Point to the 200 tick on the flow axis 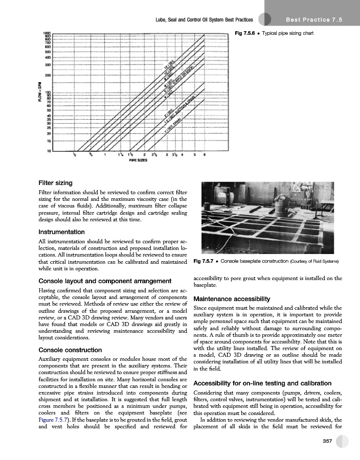coord(47,75)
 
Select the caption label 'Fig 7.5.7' coord(203,262)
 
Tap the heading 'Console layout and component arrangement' coord(105,281)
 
